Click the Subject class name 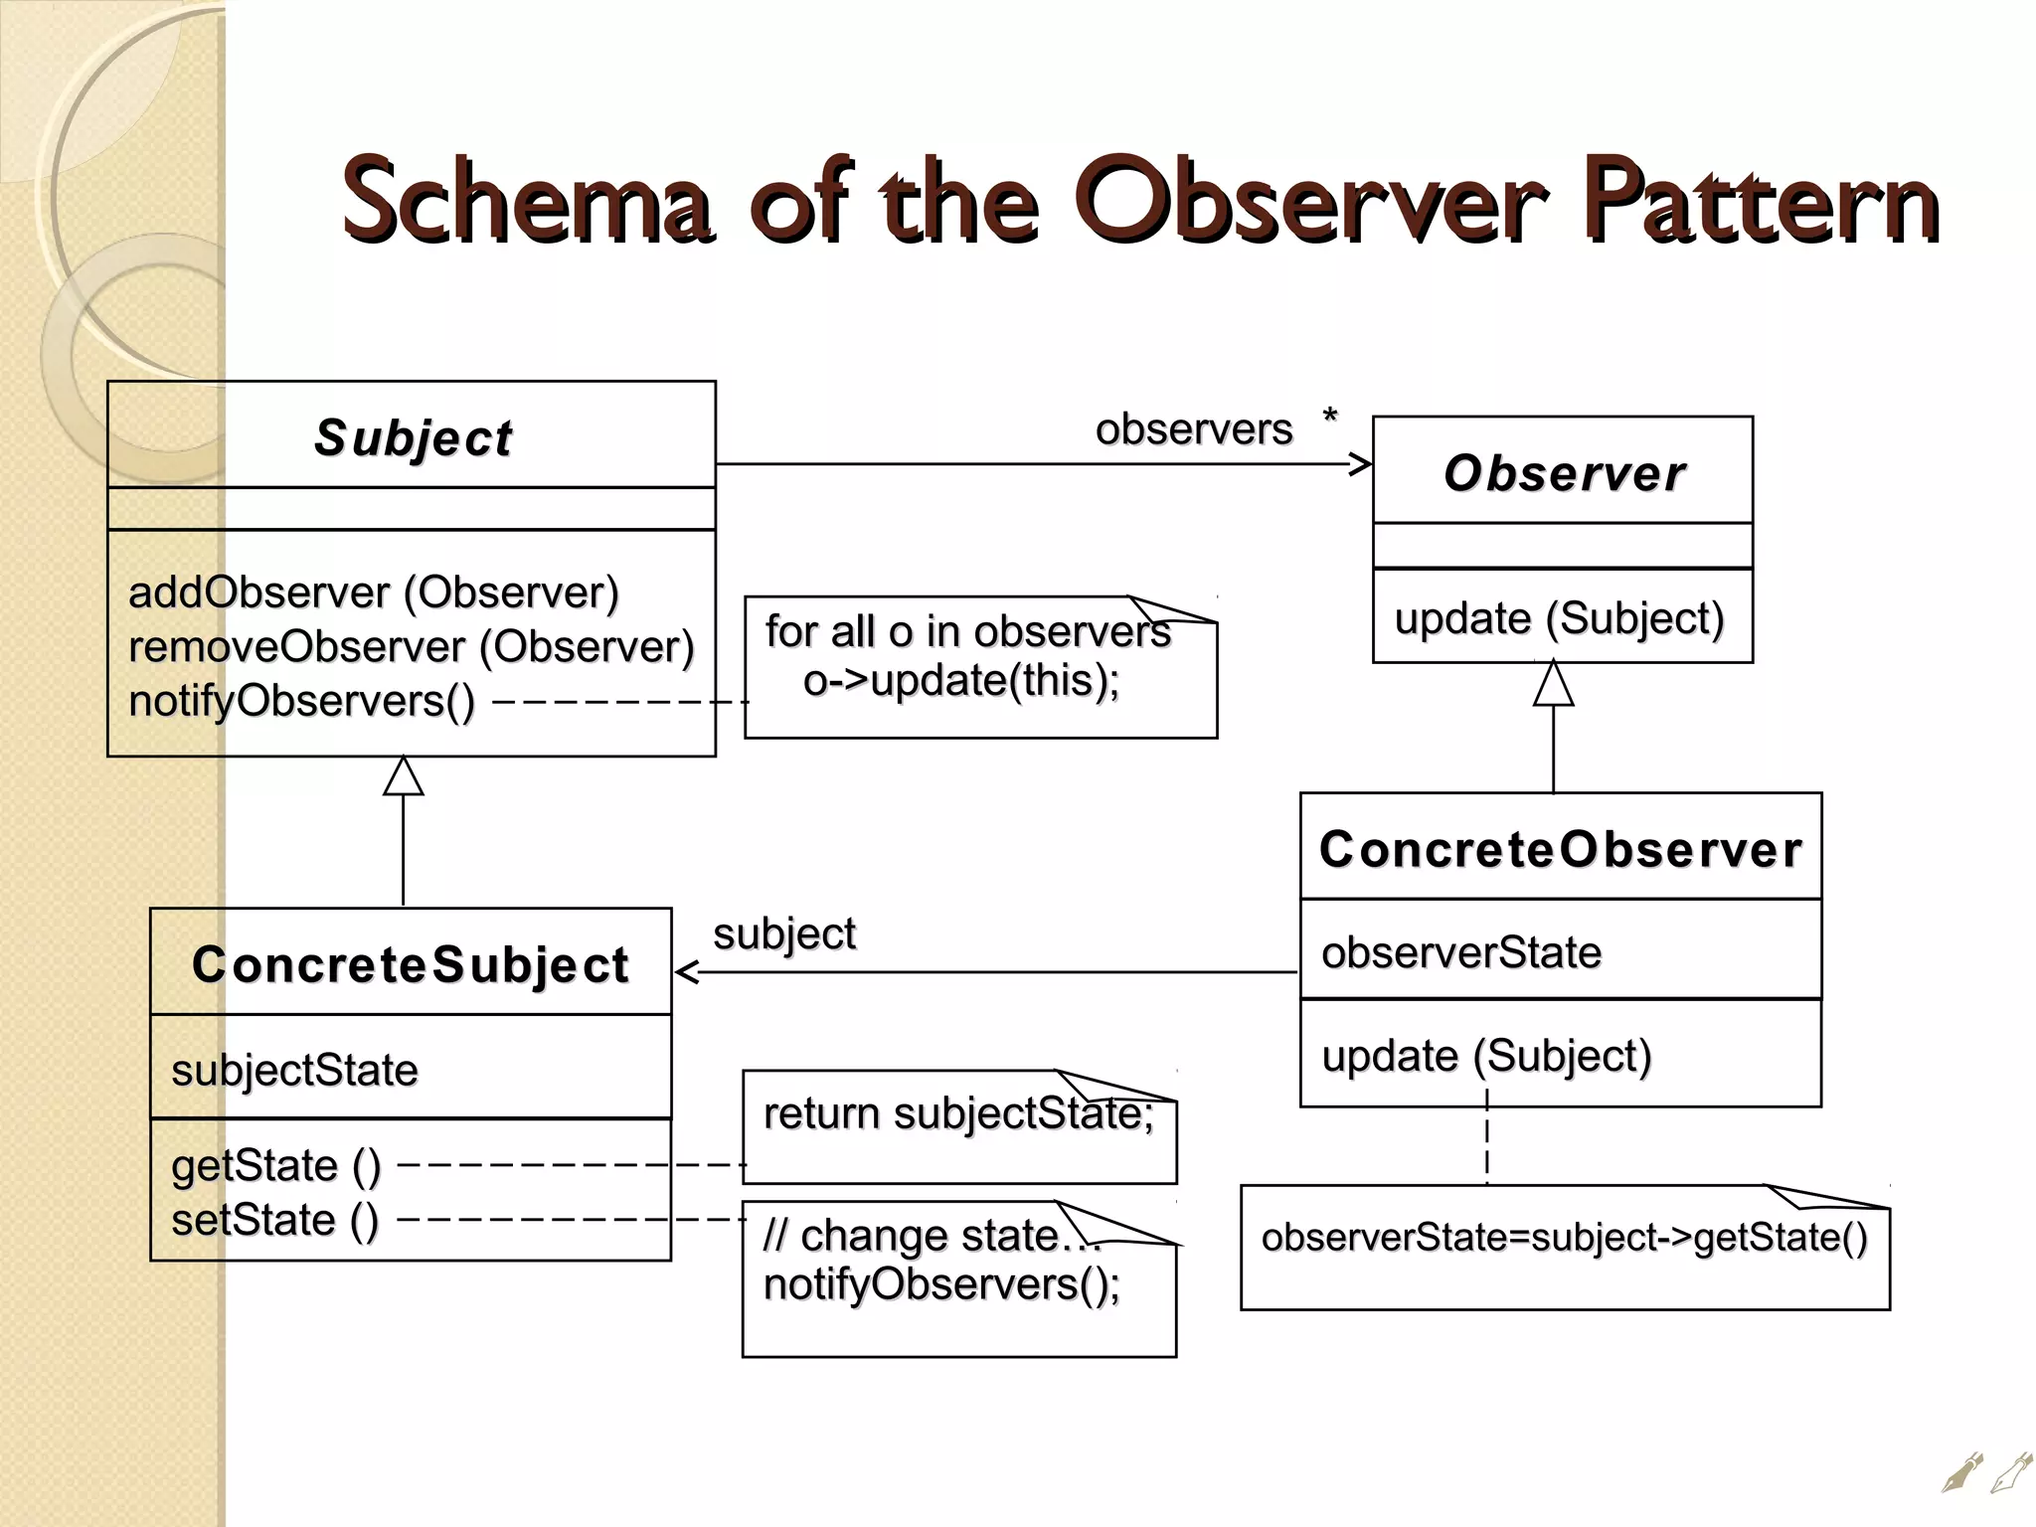point(413,438)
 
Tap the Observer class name point(1564,473)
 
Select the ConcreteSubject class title point(411,964)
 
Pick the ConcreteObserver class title point(1561,849)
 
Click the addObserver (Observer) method point(374,593)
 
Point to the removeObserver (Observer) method point(412,647)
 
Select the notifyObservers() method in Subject point(302,701)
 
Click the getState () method point(275,1165)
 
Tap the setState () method point(274,1220)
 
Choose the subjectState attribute point(294,1071)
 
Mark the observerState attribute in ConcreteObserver point(1461,952)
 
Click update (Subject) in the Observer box point(1559,618)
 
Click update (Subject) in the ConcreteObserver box point(1486,1056)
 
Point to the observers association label point(1194,429)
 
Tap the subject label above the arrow point(784,933)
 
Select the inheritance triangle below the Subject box point(404,776)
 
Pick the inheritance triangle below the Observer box point(1553,685)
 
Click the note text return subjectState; point(958,1113)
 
